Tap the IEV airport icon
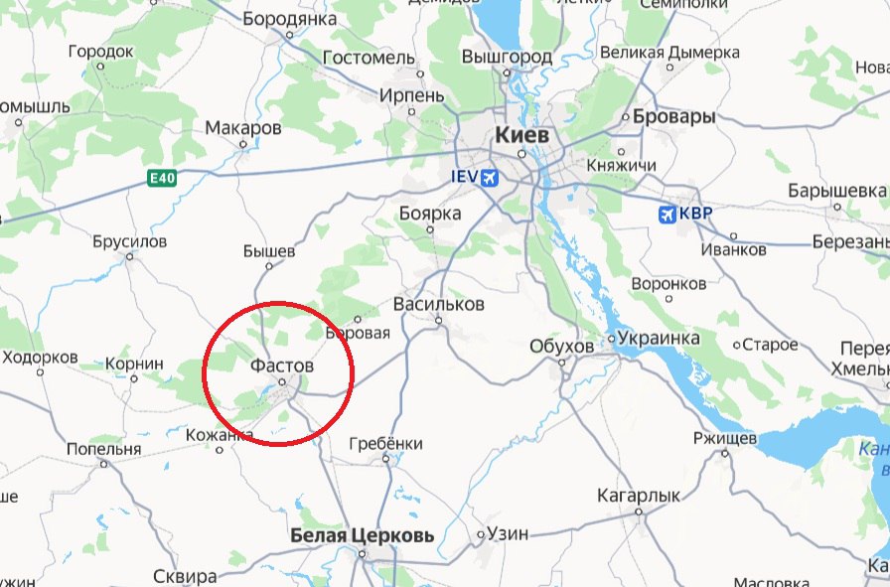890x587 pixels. point(489,178)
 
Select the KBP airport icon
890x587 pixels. point(667,215)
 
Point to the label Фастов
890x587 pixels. point(282,366)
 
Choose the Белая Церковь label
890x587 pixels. point(362,535)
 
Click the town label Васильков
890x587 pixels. point(439,303)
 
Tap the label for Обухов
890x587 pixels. point(561,346)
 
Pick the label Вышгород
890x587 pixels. point(507,58)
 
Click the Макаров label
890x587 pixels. point(243,128)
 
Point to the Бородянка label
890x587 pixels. point(288,20)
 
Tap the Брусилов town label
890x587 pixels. point(129,241)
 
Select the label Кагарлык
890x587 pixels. point(639,495)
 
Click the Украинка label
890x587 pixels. point(659,338)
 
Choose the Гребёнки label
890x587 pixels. point(386,443)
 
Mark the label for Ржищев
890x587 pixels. point(725,438)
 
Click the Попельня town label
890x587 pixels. point(103,448)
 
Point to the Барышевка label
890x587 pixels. point(836,190)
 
